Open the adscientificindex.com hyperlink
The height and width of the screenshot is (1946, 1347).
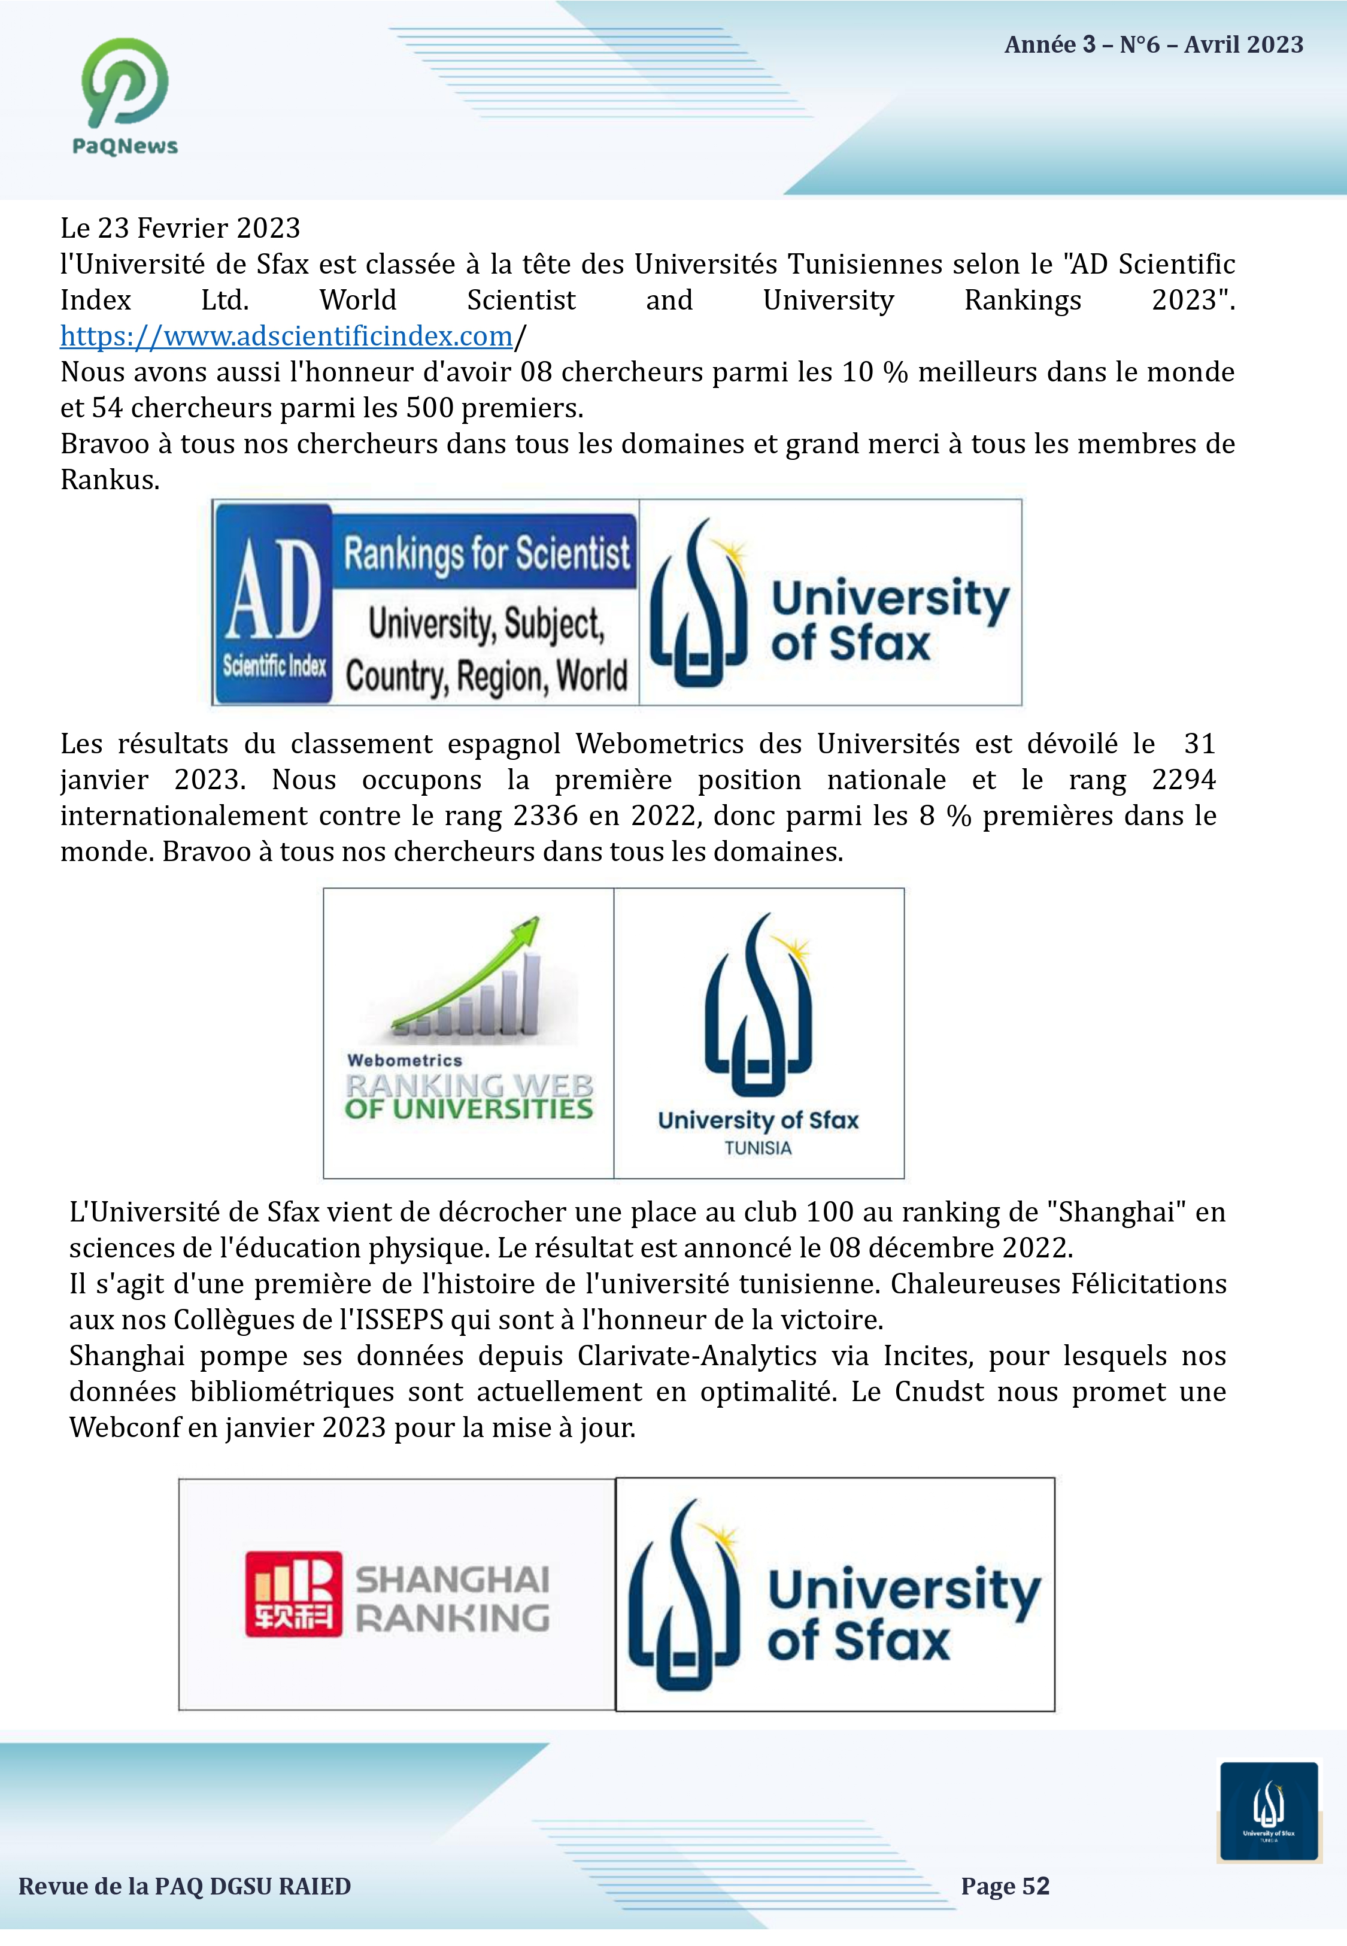coord(286,337)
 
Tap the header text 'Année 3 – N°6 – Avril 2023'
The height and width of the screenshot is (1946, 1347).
coord(1153,45)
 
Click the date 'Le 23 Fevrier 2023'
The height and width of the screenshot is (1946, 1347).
coord(180,229)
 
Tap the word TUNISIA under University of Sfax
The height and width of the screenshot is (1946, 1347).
coord(757,1148)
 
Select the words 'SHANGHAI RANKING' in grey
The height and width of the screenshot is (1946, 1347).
coord(453,1598)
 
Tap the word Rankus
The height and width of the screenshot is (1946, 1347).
coord(109,480)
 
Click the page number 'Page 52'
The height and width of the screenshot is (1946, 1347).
coord(1005,1886)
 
